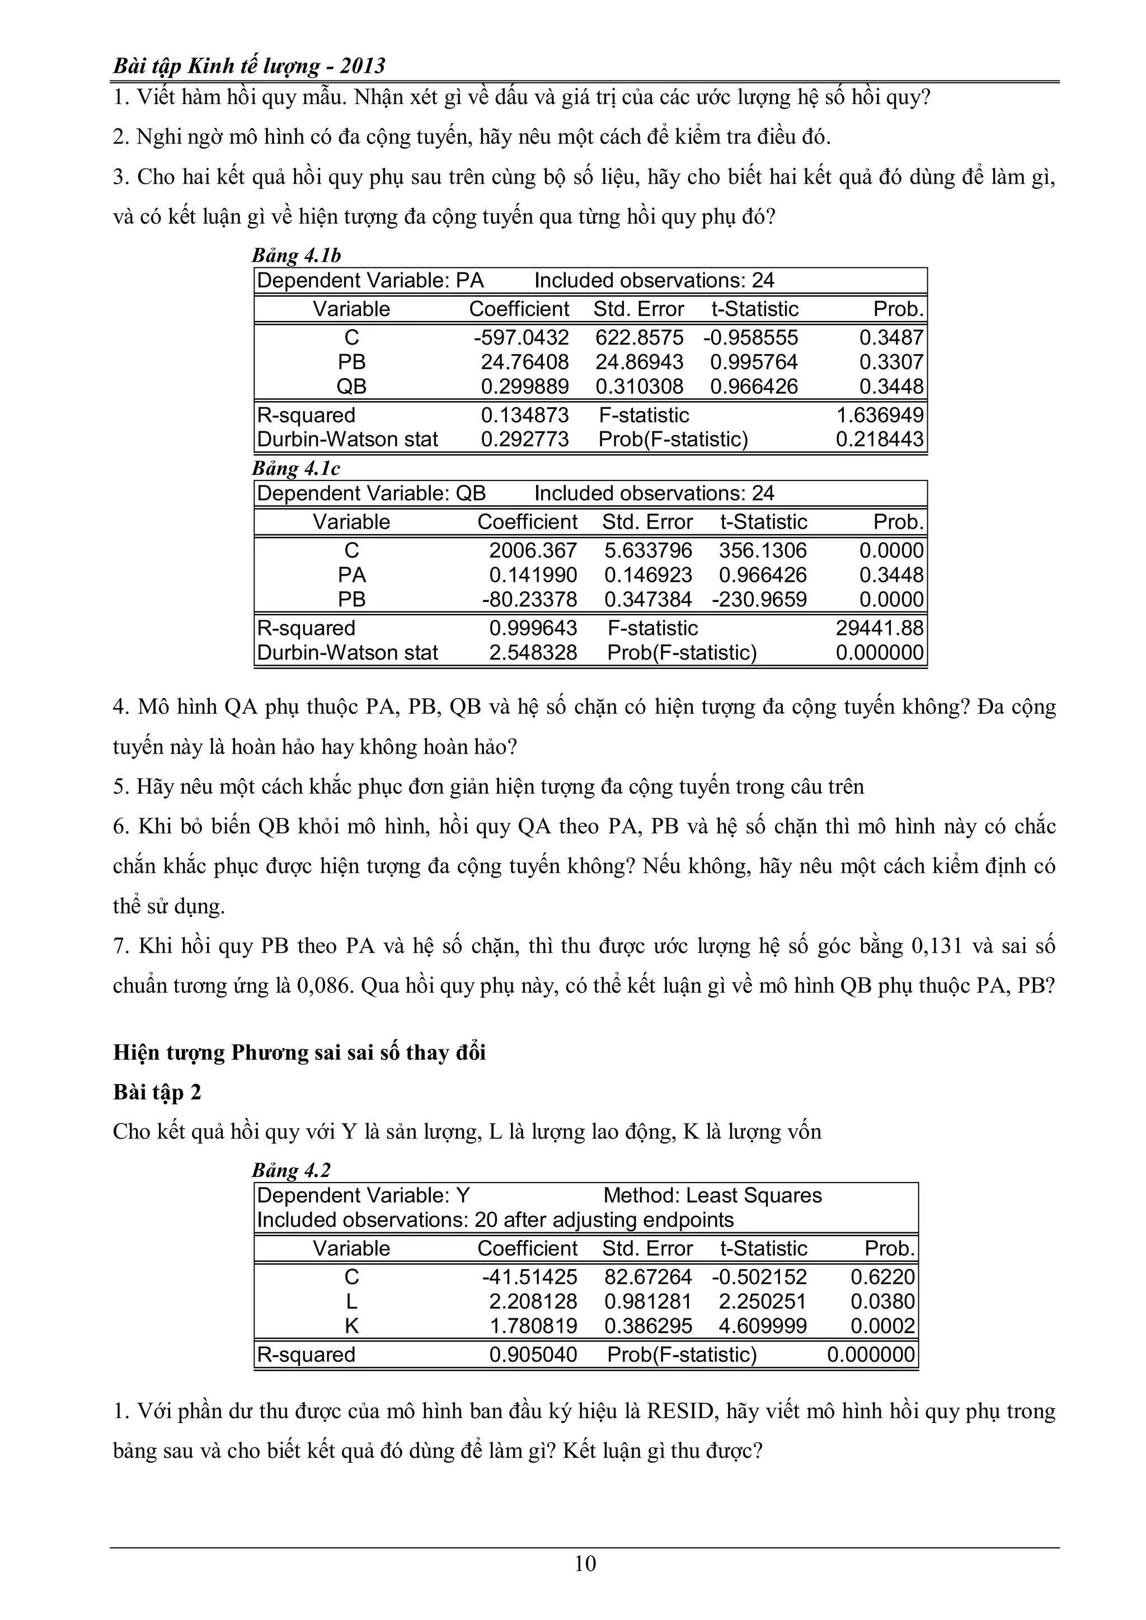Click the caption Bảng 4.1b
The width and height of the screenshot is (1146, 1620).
297,256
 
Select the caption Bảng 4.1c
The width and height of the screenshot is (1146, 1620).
297,469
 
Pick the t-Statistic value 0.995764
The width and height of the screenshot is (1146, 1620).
754,362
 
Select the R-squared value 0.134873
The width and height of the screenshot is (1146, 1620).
524,415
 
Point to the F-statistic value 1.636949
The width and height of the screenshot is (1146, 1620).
879,415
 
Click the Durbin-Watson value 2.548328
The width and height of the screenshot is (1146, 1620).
533,653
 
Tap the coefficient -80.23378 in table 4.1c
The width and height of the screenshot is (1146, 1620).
529,600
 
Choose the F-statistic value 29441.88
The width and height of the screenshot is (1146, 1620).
879,628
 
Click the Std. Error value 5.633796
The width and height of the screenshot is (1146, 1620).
648,550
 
